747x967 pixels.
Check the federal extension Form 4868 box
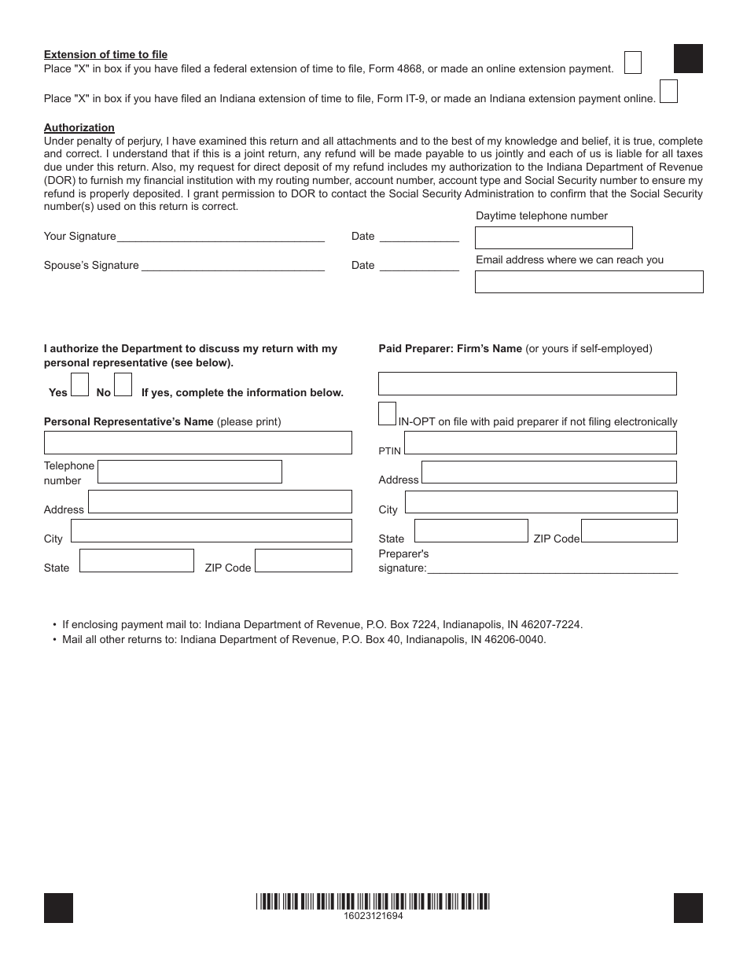click(632, 63)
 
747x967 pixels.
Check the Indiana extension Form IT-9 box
click(668, 92)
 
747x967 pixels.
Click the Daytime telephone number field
click(554, 237)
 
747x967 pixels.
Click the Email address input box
click(589, 281)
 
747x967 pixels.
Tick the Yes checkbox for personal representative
click(79, 384)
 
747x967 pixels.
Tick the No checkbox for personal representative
click(123, 384)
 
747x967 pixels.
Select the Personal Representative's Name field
click(197, 443)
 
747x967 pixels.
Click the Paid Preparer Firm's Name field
click(527, 384)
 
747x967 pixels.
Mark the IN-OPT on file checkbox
click(387, 414)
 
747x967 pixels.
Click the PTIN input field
click(539, 443)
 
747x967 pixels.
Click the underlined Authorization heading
click(79, 127)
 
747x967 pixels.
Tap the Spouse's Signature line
click(232, 266)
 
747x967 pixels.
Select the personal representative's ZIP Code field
click(303, 561)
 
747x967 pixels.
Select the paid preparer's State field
click(471, 531)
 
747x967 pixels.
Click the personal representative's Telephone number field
click(190, 472)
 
